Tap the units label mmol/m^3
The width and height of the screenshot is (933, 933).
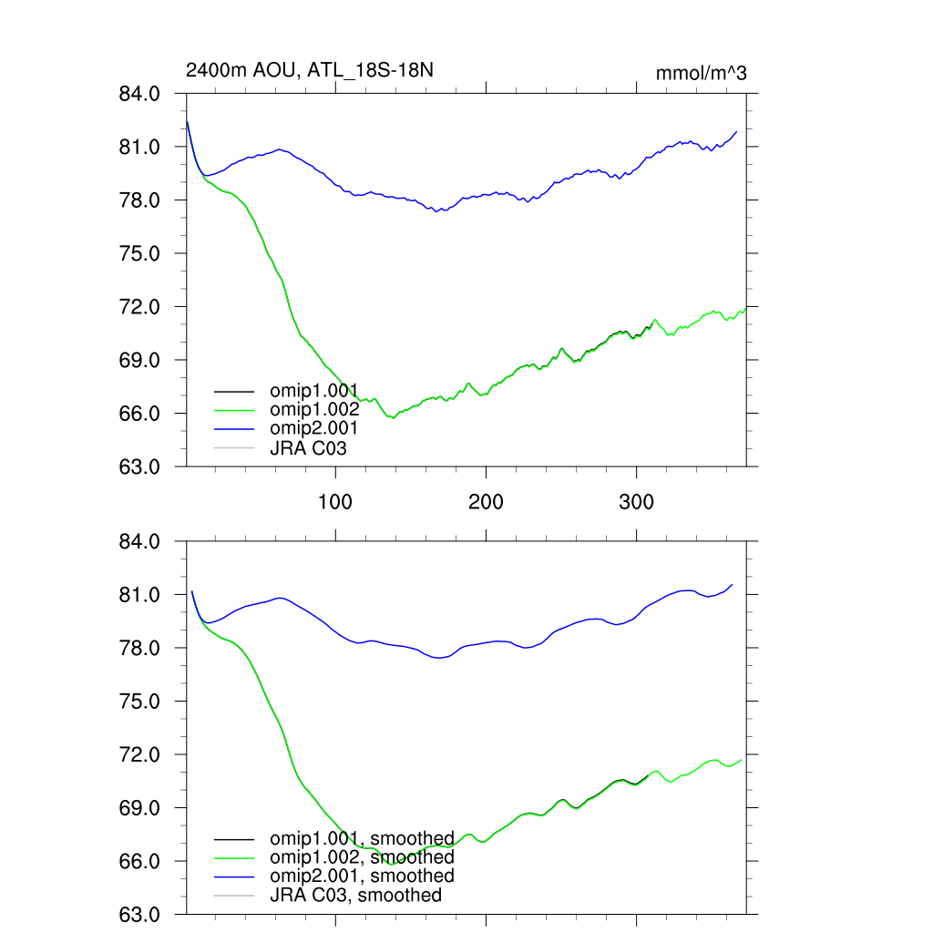tap(701, 73)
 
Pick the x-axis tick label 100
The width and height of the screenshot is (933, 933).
tap(335, 501)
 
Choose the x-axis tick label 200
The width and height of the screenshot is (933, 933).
tap(486, 501)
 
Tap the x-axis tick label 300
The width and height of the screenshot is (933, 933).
tap(636, 501)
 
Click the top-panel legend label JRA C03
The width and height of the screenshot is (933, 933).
tap(308, 447)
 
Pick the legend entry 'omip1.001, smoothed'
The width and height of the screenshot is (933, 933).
tap(362, 838)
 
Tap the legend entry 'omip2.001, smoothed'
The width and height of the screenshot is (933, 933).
tap(362, 876)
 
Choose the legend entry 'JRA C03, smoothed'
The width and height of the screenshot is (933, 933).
tap(355, 895)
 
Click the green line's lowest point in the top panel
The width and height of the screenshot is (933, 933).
tap(394, 417)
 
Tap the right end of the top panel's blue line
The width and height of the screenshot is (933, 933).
tap(736, 131)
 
